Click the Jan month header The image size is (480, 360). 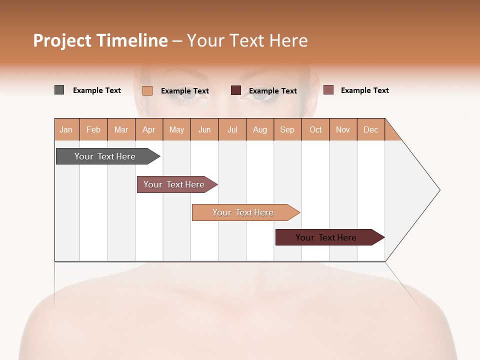coord(66,129)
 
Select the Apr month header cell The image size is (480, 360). coord(149,129)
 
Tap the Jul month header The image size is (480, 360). coord(232,129)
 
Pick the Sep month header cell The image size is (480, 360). coord(287,129)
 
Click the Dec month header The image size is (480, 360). coord(370,129)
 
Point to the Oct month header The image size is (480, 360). coord(315,129)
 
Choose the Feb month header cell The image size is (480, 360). coord(93,129)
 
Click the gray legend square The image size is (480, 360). coord(59,90)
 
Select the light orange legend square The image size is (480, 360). coord(147,90)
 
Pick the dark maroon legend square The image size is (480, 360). coord(236,90)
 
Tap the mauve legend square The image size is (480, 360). coord(328,90)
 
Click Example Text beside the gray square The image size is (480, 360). coord(97,90)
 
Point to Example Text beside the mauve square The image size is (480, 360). coord(365,90)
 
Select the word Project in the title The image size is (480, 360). coord(62,40)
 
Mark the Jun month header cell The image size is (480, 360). coord(204,129)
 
